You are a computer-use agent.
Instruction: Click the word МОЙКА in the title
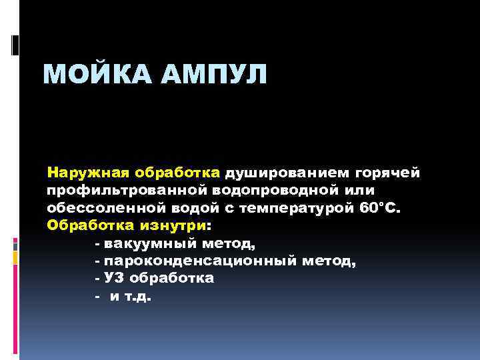(x=95, y=73)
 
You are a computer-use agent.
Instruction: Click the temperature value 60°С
(x=380, y=207)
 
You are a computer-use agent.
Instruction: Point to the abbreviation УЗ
(x=114, y=278)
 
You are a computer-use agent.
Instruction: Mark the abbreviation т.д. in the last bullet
(x=137, y=296)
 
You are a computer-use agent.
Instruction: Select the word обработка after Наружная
(x=177, y=173)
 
